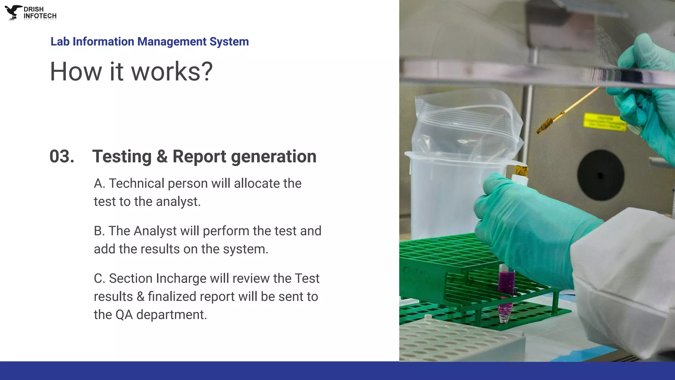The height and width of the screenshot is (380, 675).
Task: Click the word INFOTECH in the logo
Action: [40, 16]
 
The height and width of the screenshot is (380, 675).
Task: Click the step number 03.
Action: [62, 156]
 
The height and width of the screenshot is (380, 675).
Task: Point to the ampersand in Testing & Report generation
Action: [162, 156]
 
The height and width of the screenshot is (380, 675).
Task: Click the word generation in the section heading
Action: [274, 156]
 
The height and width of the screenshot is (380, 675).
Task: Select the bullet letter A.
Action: [99, 183]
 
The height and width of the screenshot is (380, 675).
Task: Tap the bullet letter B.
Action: [99, 231]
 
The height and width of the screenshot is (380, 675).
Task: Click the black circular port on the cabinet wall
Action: [601, 175]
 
